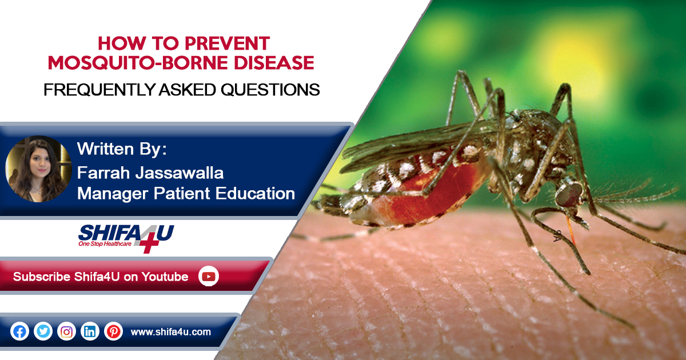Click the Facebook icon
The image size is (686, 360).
point(19,331)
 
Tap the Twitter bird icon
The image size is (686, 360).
point(43,331)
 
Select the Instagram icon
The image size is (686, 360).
point(66,331)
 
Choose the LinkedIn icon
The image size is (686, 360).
point(90,331)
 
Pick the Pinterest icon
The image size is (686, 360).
point(113,331)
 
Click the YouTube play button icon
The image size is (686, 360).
point(209,277)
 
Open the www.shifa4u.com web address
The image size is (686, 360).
point(170,332)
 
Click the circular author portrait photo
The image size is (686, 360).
point(39,169)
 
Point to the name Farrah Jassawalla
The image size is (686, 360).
point(150,173)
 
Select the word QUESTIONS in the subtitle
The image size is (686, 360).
point(270,90)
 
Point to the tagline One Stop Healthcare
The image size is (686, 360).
point(105,243)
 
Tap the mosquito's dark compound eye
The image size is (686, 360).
point(569,194)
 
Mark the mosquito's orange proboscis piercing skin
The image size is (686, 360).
point(571,230)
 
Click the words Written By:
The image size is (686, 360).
point(122,149)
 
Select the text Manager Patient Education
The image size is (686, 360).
point(186,194)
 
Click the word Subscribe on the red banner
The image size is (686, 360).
point(42,277)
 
